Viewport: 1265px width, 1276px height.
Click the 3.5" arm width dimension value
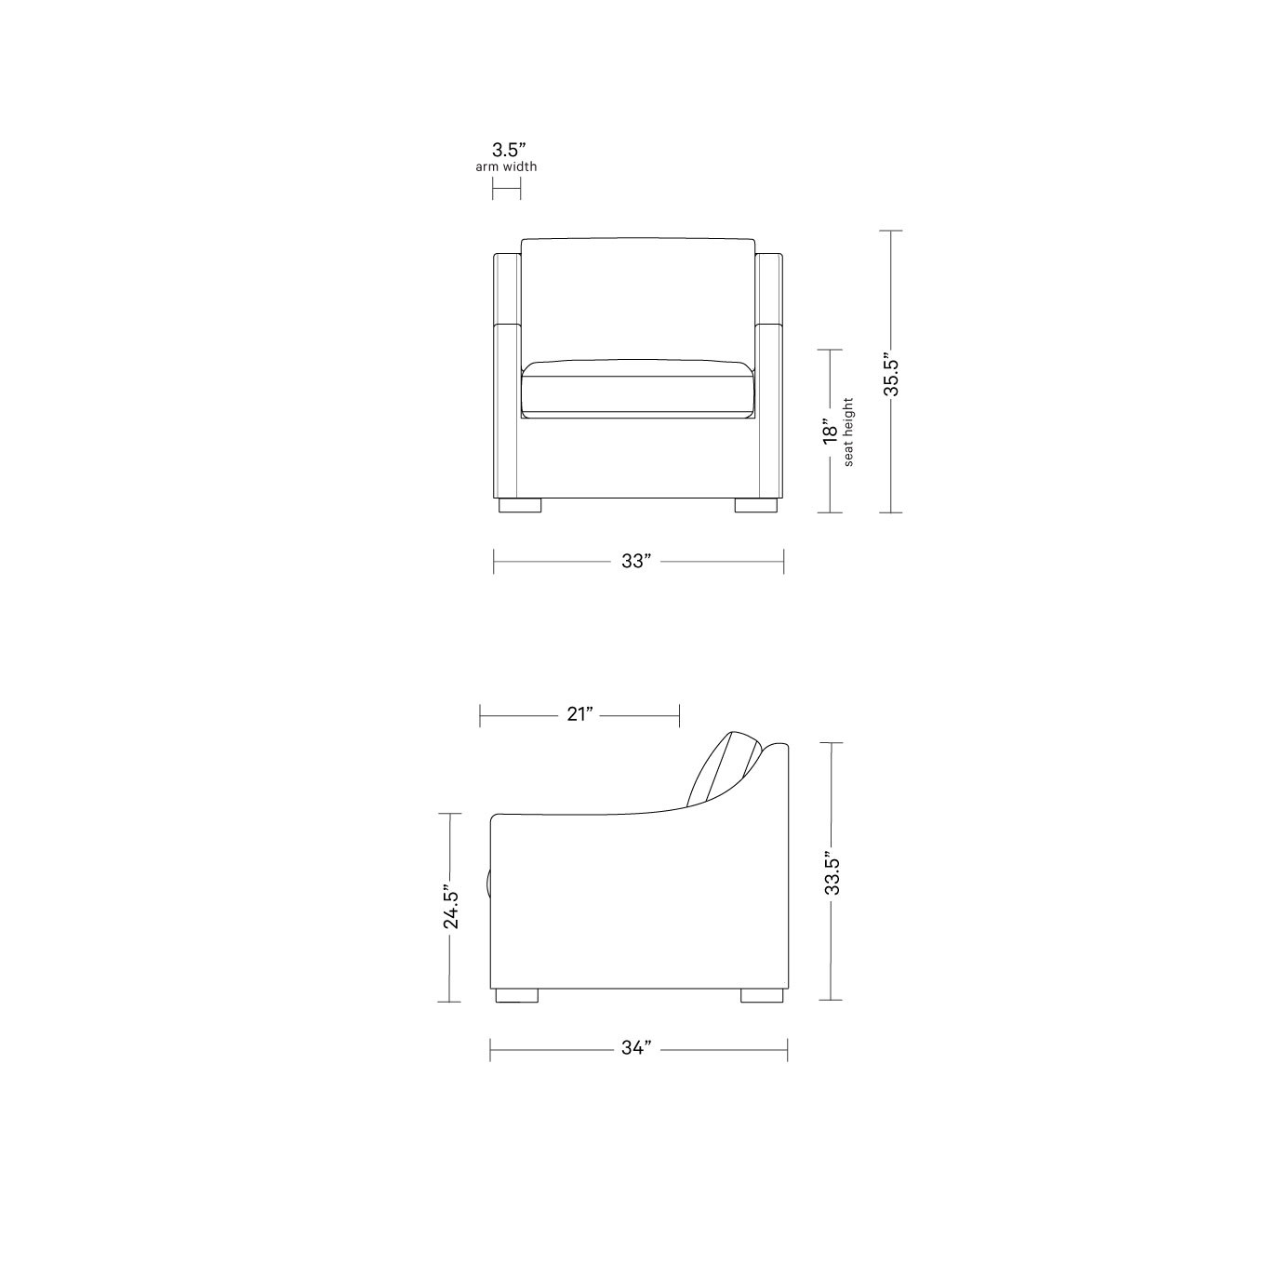(x=508, y=149)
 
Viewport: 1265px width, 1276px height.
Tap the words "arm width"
(x=506, y=167)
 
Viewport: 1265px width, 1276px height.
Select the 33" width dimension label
(x=636, y=562)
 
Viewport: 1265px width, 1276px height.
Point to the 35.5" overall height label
(x=890, y=374)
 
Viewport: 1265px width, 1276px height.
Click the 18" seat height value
(x=829, y=432)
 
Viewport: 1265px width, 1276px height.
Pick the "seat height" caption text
(x=848, y=432)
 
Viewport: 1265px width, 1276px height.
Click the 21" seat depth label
(x=579, y=714)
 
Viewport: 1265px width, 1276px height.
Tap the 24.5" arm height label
(x=450, y=908)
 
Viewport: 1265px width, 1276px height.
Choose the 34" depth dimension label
(x=636, y=1049)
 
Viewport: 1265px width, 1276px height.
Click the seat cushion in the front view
(x=637, y=391)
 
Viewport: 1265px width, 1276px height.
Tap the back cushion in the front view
(x=637, y=298)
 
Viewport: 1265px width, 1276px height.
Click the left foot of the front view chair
(x=519, y=506)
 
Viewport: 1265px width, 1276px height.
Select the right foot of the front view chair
(x=756, y=506)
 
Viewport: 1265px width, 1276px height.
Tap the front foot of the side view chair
(x=517, y=995)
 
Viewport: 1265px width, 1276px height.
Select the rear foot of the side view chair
(x=760, y=995)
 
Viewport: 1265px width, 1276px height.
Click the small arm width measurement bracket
(x=506, y=189)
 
